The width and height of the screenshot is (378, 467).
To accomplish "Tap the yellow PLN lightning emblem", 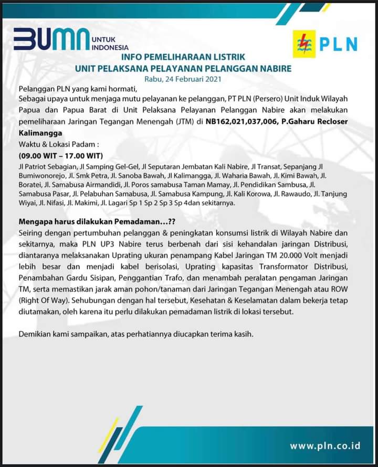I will coord(304,44).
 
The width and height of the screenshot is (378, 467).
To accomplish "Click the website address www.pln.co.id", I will coord(325,446).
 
